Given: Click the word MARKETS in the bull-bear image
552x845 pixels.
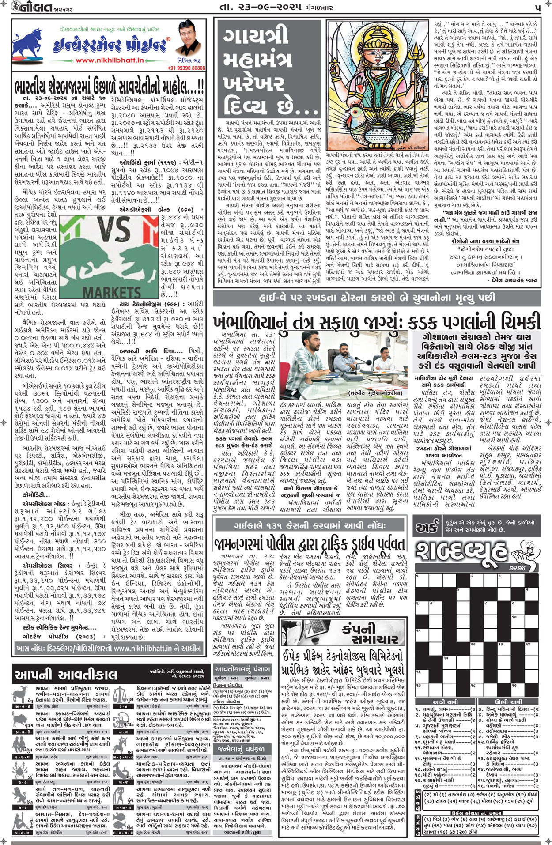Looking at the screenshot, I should [x=111, y=292].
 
